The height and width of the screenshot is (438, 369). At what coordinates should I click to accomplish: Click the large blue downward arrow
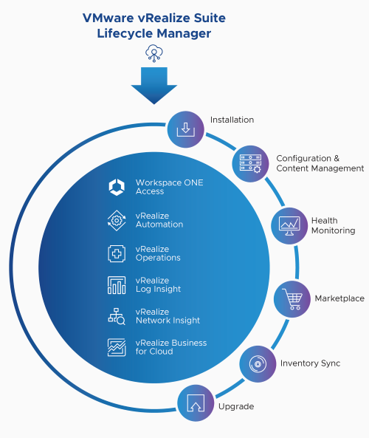[x=154, y=86]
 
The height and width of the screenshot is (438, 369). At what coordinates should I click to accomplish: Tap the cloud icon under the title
[x=154, y=53]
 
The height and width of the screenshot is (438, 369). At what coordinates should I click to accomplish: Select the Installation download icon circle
[x=186, y=129]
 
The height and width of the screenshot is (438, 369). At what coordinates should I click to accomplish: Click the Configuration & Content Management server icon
[x=250, y=164]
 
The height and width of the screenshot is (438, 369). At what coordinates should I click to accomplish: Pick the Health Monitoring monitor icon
[x=289, y=226]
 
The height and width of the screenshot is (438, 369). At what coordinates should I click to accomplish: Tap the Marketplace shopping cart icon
[x=292, y=299]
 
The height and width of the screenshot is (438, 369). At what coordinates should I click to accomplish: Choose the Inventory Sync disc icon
[x=258, y=364]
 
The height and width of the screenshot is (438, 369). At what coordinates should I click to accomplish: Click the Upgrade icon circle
[x=196, y=403]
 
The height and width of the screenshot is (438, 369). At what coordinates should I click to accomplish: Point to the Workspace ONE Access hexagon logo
[x=117, y=187]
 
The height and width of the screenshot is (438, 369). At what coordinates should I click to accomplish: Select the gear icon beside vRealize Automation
[x=117, y=221]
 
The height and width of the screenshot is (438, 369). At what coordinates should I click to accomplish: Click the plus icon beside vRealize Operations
[x=117, y=253]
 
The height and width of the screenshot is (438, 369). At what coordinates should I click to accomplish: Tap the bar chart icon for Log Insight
[x=117, y=285]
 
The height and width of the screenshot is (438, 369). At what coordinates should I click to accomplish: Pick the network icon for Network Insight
[x=117, y=316]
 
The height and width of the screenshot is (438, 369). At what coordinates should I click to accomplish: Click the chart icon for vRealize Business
[x=117, y=347]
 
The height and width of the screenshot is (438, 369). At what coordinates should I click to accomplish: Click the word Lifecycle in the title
[x=125, y=33]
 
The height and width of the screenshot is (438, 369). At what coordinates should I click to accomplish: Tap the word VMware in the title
[x=108, y=18]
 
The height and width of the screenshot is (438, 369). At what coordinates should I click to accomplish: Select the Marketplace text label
[x=339, y=298]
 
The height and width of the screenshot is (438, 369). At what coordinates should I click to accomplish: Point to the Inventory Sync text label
[x=311, y=363]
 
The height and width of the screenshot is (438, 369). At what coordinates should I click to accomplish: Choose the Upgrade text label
[x=236, y=407]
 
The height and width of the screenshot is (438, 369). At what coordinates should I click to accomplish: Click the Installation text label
[x=232, y=120]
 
